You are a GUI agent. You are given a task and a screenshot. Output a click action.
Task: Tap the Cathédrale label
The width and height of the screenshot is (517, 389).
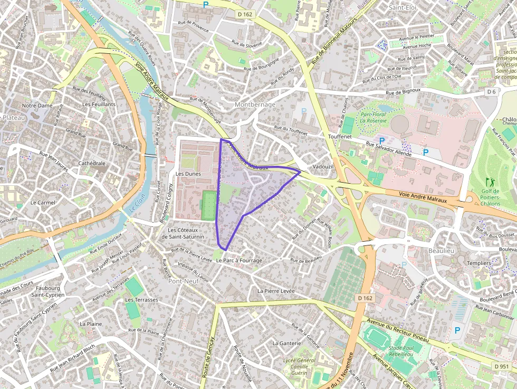coord(92,163)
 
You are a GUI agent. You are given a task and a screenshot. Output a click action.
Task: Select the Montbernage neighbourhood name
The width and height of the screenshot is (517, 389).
coord(255,105)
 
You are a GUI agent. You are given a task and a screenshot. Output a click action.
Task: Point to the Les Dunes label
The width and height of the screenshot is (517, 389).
coord(186,173)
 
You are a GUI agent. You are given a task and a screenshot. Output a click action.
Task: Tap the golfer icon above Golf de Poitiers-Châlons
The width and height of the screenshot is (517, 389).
coord(490,182)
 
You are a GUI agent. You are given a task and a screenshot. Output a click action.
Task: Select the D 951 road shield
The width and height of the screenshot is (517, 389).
coord(502,366)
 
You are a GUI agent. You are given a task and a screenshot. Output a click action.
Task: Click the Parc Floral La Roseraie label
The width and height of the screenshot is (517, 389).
coord(374,117)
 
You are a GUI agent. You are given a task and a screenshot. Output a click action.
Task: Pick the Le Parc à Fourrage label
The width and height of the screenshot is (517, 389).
coord(239,260)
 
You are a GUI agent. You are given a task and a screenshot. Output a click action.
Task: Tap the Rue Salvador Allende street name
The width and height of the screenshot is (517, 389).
coord(388,146)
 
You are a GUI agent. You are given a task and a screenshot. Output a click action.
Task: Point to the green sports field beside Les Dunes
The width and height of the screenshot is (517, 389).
coord(209,205)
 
